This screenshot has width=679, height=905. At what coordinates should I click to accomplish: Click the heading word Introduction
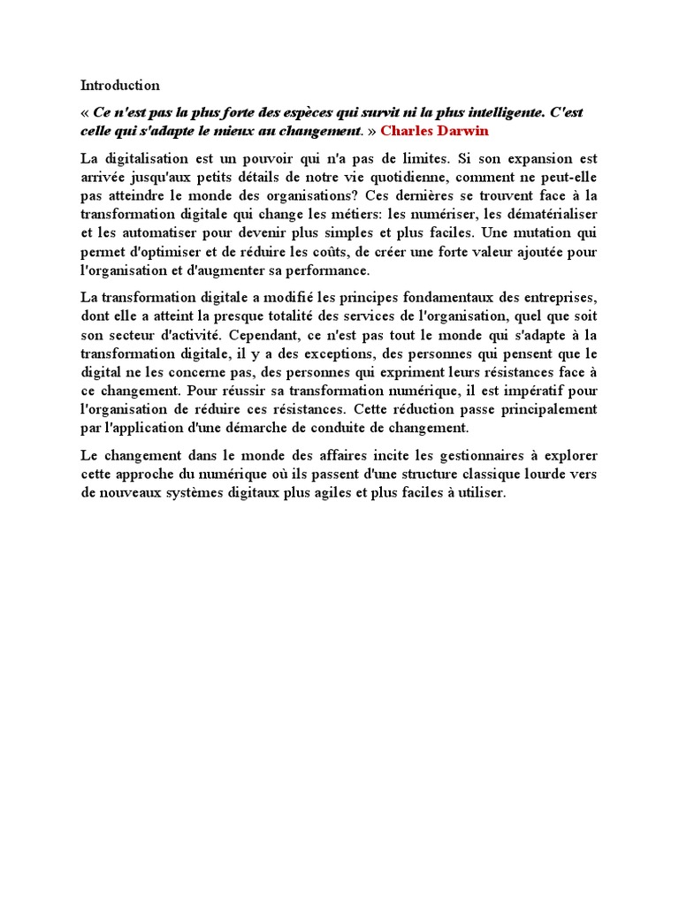click(120, 86)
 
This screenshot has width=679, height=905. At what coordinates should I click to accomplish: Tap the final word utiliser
click(477, 492)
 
